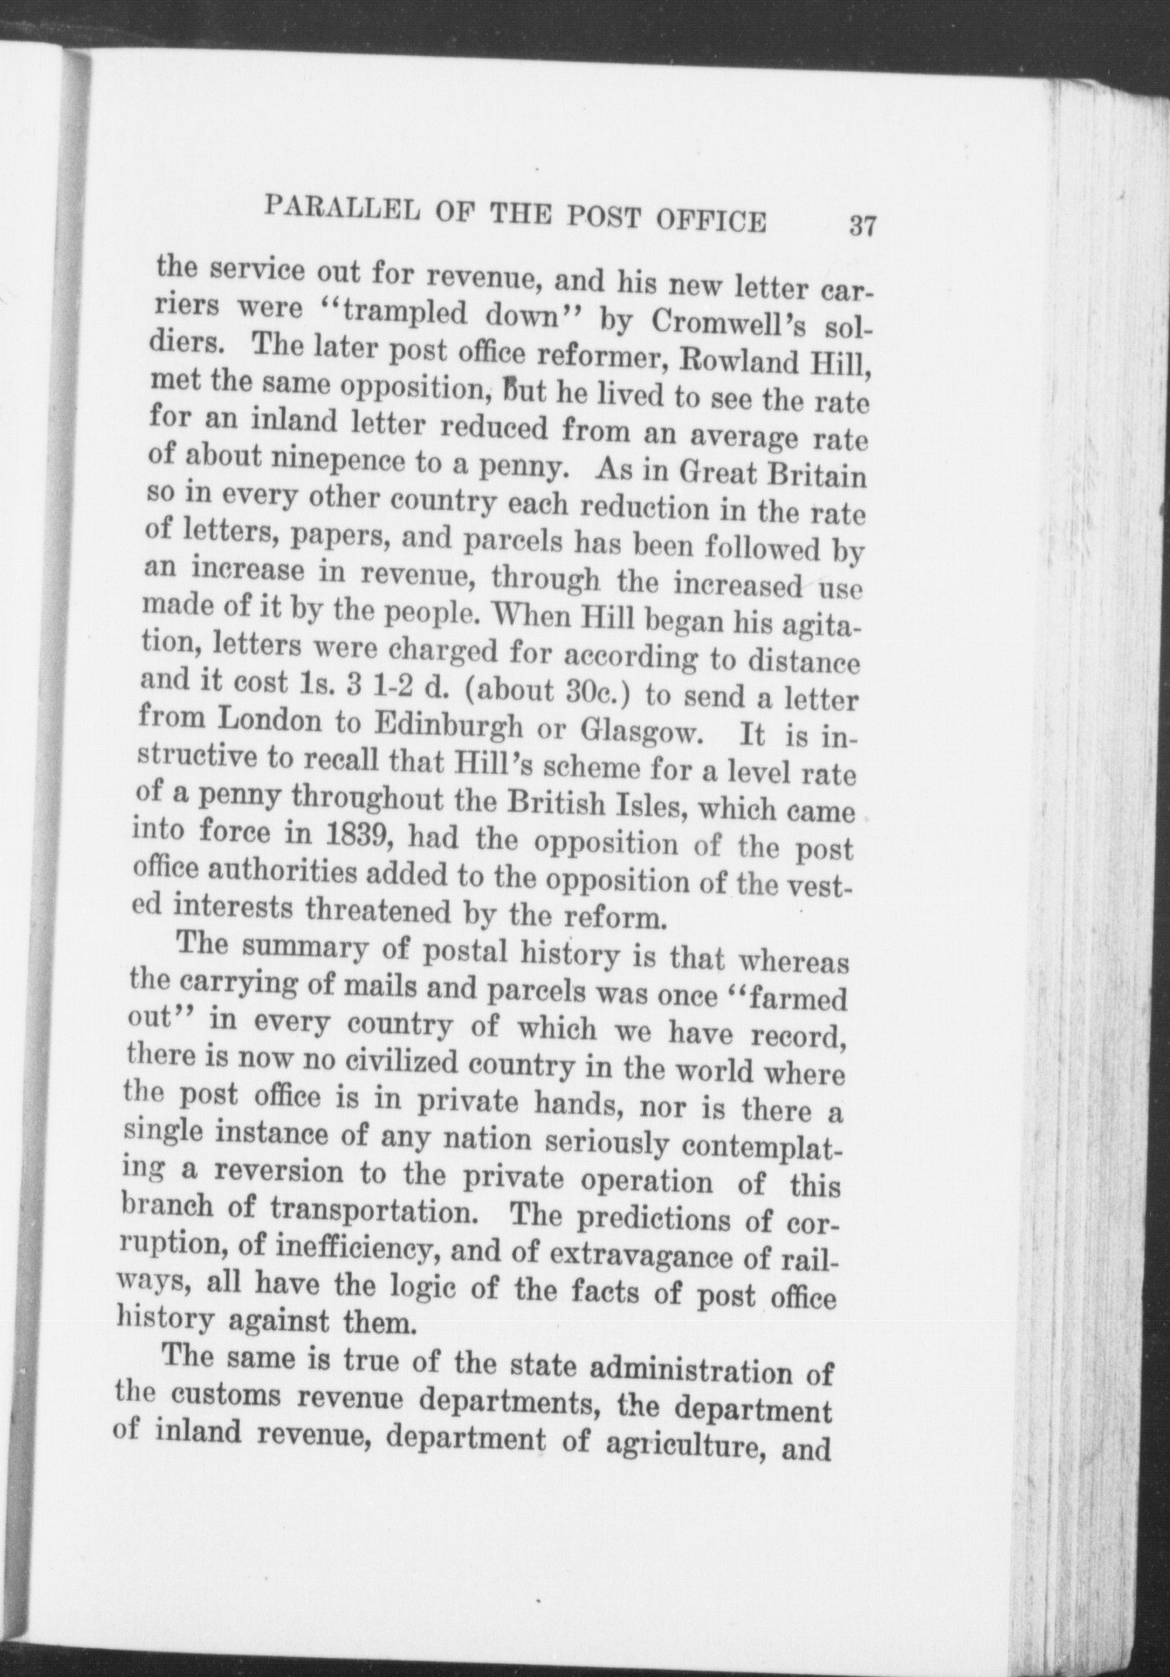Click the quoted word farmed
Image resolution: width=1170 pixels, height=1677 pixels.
pos(791,998)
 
